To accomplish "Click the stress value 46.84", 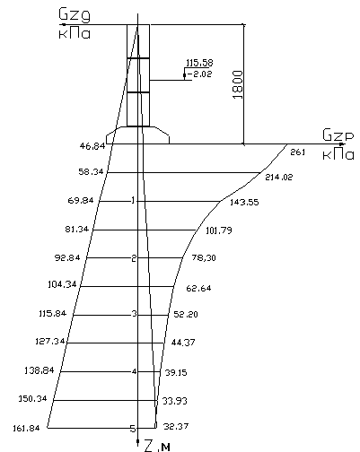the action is click(92, 146).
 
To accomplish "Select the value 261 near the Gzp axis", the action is click(298, 152).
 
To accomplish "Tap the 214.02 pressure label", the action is click(279, 177).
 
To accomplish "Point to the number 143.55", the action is click(244, 203).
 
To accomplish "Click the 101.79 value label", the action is click(219, 230).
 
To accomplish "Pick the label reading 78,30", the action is click(204, 257).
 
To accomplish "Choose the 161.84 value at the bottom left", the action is click(26, 429).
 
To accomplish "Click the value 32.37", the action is click(176, 426).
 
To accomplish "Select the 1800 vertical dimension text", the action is click(237, 85).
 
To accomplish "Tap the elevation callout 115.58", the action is click(199, 63).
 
